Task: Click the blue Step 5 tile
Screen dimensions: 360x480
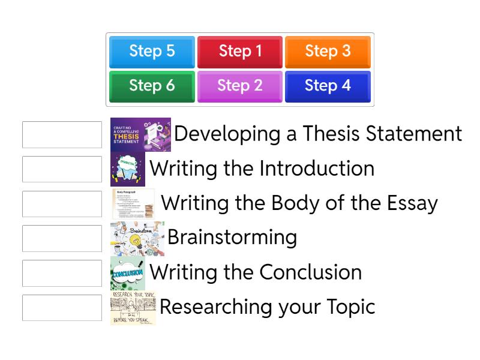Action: [152, 52]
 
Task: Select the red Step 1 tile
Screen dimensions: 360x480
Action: [240, 52]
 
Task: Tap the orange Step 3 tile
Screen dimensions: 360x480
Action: [328, 52]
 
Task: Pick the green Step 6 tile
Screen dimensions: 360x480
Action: [152, 86]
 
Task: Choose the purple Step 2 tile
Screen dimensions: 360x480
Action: [240, 86]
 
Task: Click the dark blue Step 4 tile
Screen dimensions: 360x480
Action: [328, 86]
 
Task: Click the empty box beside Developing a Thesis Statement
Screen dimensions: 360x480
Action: [62, 134]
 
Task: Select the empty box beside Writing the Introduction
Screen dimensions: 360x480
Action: [62, 169]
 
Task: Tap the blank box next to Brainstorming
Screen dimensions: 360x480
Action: [62, 238]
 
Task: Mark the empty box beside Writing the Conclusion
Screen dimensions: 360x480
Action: [62, 273]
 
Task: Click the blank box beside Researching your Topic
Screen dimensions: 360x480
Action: [62, 308]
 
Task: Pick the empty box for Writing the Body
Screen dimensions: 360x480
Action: [62, 204]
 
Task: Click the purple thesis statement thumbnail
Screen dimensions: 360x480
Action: [140, 134]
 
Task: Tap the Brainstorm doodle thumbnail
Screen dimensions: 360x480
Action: [137, 238]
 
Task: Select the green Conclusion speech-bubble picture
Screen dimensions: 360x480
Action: [127, 273]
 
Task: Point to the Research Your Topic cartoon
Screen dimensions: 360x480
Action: [133, 308]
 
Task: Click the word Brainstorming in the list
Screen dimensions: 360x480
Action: [232, 237]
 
